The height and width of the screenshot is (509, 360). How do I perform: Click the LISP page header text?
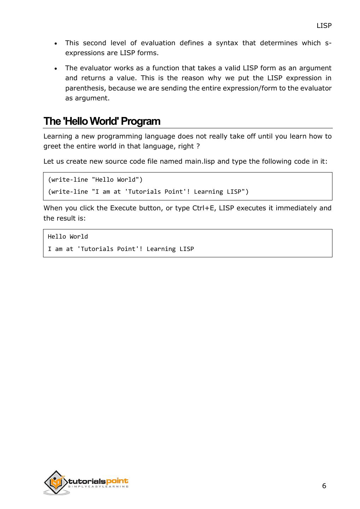(324, 26)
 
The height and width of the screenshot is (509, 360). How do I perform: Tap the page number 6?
(324, 486)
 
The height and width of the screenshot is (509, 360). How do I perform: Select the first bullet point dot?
(56, 44)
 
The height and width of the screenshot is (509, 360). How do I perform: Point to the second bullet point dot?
(56, 69)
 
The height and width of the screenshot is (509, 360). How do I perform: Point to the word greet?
(52, 146)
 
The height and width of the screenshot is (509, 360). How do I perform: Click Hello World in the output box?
(68, 237)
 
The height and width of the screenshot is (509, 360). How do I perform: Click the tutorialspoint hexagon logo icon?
(55, 482)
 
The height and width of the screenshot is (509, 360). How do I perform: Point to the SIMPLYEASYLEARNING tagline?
(98, 487)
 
